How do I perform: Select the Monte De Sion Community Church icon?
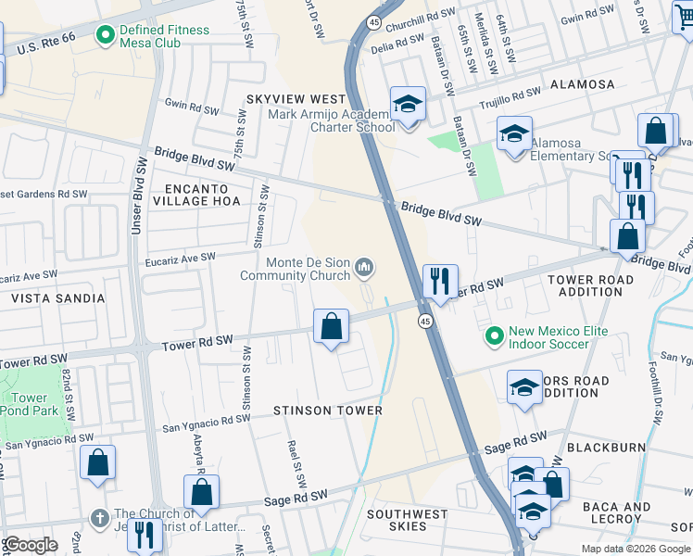[x=365, y=269]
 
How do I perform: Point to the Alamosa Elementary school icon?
[x=514, y=135]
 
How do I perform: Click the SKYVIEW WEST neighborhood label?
[x=296, y=99]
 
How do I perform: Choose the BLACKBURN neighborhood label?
[x=606, y=448]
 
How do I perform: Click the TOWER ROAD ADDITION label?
[x=590, y=285]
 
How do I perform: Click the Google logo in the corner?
[x=31, y=545]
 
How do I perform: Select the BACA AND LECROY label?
[x=616, y=513]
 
